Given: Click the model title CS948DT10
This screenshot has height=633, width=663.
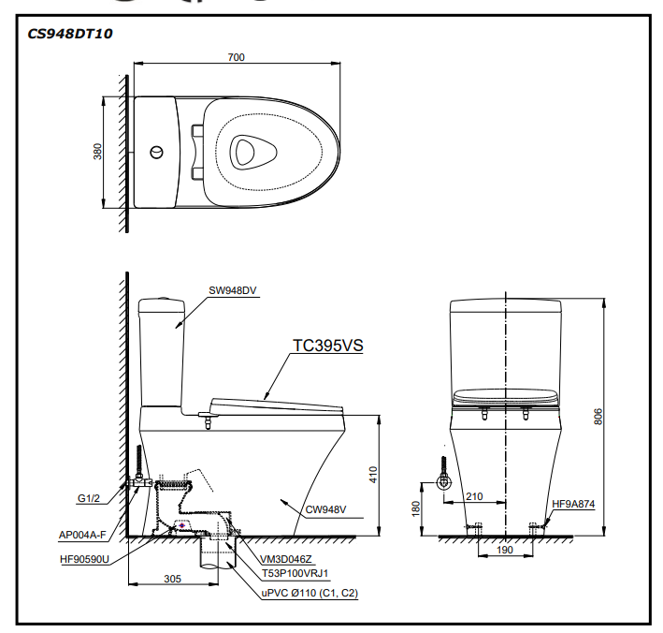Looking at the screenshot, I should coord(71,33).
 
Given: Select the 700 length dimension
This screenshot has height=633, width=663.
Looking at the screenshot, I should coord(236,57).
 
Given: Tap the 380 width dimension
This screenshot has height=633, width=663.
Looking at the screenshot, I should coord(98,152).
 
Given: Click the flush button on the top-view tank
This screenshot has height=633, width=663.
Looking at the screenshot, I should coord(157,151).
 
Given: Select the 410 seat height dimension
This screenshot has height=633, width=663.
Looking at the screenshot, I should coord(373,475).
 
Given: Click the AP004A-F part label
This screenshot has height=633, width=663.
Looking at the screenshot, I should coord(82,536).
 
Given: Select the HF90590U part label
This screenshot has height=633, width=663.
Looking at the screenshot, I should coord(84,559).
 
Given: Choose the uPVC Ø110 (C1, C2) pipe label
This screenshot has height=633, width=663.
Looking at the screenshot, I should coord(310,594).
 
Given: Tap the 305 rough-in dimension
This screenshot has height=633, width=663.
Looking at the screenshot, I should coord(173,579).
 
